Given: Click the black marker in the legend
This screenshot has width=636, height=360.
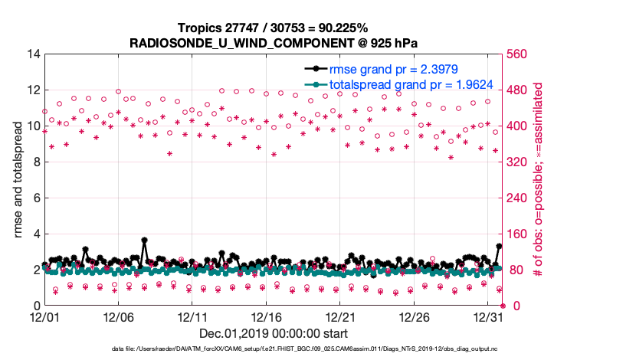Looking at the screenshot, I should pyautogui.click(x=316, y=70).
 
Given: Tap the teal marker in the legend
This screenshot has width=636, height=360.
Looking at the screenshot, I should pyautogui.click(x=316, y=84).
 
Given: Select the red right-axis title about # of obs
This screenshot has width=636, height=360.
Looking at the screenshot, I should pyautogui.click(x=549, y=179).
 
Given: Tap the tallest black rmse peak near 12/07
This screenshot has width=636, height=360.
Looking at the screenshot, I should pyautogui.click(x=144, y=240).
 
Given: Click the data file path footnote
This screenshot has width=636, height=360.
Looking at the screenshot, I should pyautogui.click(x=304, y=349).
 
